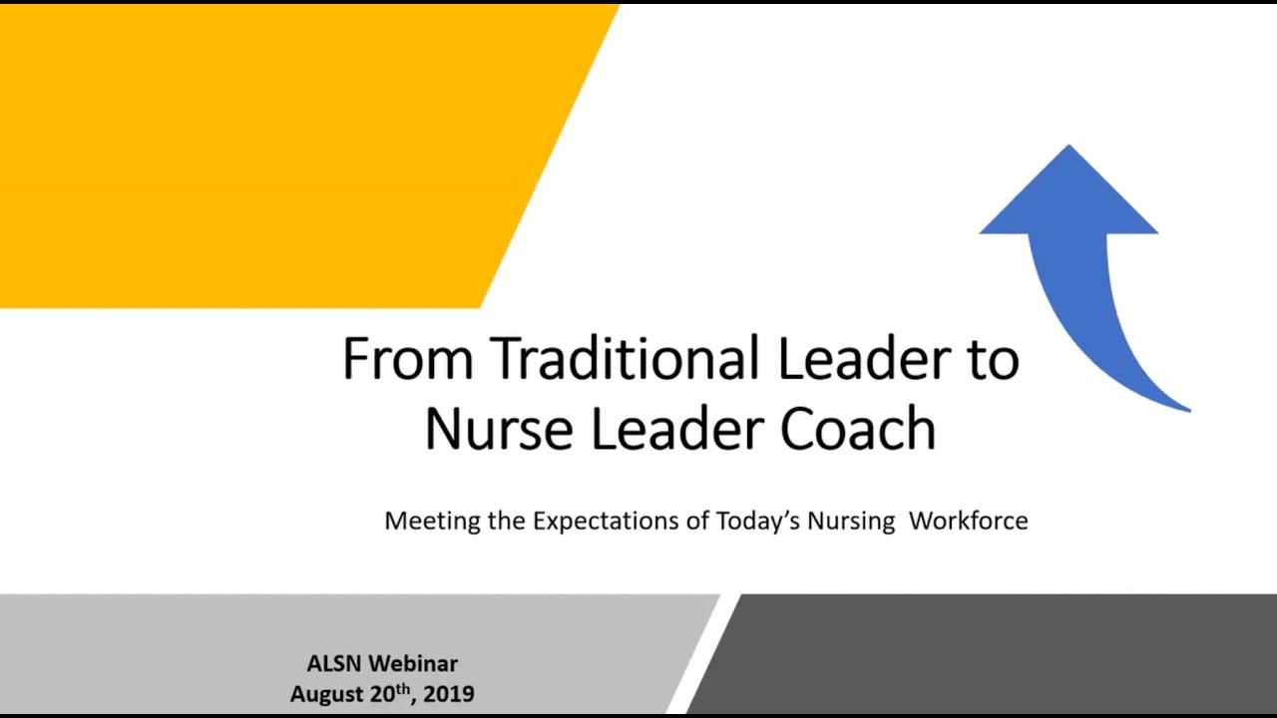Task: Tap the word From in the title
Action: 407,358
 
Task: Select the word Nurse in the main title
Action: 498,430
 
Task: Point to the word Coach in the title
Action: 858,430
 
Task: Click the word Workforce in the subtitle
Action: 968,521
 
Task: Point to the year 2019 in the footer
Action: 449,694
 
